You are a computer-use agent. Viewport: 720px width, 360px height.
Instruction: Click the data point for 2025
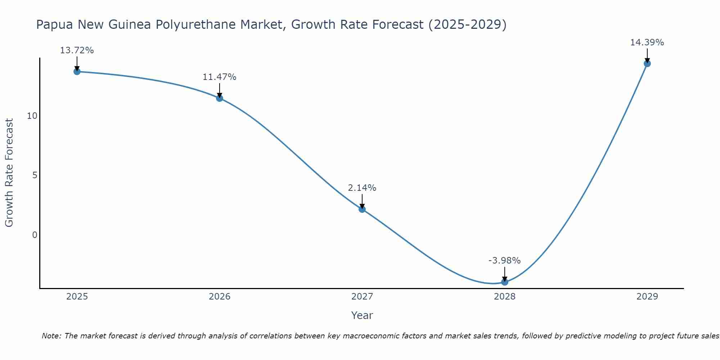tap(77, 71)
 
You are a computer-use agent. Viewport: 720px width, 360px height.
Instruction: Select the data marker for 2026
tap(219, 98)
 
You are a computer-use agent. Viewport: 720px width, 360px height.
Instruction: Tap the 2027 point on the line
tap(362, 209)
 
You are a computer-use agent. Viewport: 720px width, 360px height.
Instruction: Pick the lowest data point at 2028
tap(504, 282)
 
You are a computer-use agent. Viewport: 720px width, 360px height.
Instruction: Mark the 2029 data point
tap(647, 63)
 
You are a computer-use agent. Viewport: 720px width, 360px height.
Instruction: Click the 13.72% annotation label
tap(77, 50)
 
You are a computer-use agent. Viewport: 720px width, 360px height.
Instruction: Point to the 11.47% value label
tap(219, 77)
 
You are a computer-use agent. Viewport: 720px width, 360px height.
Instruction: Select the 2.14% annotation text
tap(362, 188)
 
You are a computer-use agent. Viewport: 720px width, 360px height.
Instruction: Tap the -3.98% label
tap(504, 261)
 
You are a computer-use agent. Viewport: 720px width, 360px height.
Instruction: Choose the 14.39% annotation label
tap(647, 42)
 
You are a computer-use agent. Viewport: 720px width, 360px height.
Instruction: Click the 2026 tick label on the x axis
tap(219, 297)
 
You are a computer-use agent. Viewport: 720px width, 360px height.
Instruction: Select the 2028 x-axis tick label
tap(504, 297)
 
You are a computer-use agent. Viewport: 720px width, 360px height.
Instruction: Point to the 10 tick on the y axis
tap(32, 116)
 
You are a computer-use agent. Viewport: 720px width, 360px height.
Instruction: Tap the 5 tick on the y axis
tap(35, 175)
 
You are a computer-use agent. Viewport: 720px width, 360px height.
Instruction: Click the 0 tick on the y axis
tap(35, 235)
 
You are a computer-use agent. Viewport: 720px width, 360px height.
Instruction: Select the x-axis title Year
tap(362, 315)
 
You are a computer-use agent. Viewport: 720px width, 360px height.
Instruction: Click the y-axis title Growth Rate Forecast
tap(9, 173)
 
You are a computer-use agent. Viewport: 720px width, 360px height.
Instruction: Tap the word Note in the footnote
tap(51, 336)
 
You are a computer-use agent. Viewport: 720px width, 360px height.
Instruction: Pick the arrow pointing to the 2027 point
tap(362, 201)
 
